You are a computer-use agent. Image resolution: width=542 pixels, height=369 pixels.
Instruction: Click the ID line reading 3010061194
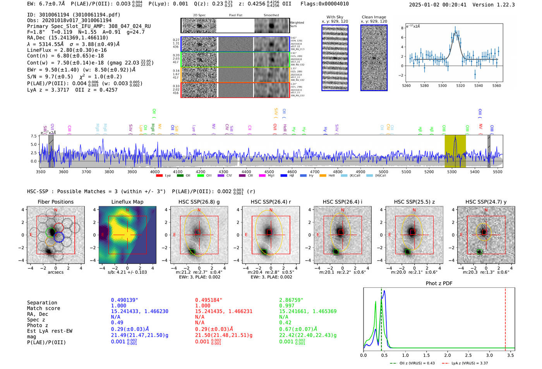74,15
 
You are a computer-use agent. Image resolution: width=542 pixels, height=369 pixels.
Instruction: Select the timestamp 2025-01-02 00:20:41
437,5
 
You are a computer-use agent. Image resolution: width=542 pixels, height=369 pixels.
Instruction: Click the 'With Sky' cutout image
335,58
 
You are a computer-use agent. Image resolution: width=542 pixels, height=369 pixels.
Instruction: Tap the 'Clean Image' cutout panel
374,58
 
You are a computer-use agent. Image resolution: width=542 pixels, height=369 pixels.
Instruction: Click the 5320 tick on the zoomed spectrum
460,86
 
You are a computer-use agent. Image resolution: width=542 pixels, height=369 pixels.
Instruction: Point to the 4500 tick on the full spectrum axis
269,172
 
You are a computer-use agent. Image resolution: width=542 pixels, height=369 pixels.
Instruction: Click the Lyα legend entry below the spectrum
164,175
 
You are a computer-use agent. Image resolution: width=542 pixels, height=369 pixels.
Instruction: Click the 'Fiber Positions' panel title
55,202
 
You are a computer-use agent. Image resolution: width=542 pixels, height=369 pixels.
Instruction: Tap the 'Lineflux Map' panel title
127,202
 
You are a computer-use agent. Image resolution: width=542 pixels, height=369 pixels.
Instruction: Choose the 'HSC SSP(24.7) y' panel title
486,202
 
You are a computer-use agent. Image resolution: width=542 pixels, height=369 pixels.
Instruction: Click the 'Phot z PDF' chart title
439,283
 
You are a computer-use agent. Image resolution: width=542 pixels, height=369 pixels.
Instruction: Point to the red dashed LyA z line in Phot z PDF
505,318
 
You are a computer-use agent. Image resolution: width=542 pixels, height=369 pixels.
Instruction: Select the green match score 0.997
287,305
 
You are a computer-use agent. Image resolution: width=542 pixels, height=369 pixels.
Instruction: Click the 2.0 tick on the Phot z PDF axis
448,355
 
